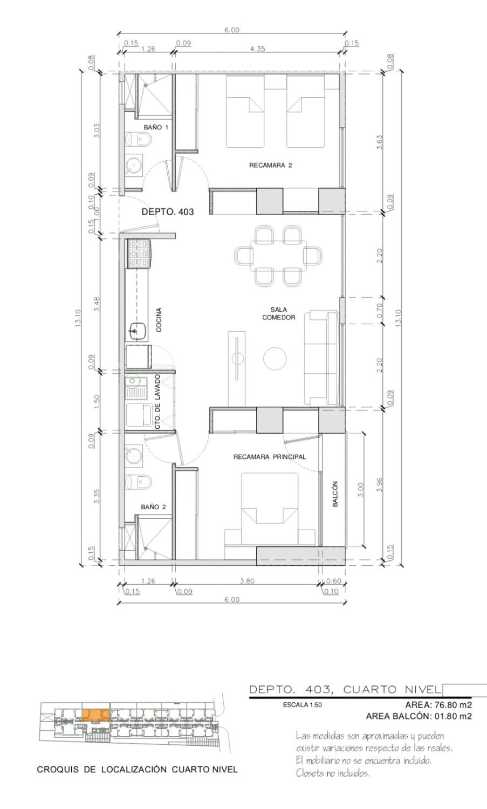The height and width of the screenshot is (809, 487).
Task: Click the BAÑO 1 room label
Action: [156, 127]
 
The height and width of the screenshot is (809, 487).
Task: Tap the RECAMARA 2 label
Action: [271, 166]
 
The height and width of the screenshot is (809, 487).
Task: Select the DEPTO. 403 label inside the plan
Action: [168, 211]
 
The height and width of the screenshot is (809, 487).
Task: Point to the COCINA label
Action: [158, 320]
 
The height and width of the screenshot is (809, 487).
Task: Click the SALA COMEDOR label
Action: [278, 313]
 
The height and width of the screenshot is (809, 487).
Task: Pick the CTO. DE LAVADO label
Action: [157, 402]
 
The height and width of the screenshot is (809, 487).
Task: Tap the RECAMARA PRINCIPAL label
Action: [270, 457]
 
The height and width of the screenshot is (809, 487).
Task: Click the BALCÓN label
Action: [335, 494]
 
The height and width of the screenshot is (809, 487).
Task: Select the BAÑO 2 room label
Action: [153, 507]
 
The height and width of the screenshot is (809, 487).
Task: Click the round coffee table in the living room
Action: [275, 358]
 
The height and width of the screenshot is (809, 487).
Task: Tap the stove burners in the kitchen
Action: [139, 254]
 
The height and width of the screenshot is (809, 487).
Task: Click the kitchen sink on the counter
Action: [138, 330]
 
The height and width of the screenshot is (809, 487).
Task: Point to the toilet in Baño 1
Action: [138, 140]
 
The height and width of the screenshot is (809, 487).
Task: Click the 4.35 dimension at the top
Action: [257, 49]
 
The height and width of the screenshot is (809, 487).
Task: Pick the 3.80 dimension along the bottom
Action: [247, 581]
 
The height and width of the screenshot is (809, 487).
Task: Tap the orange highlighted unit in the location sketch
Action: [96, 715]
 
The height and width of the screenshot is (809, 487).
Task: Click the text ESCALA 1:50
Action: [303, 704]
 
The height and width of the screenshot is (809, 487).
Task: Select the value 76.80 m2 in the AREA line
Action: [452, 704]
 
